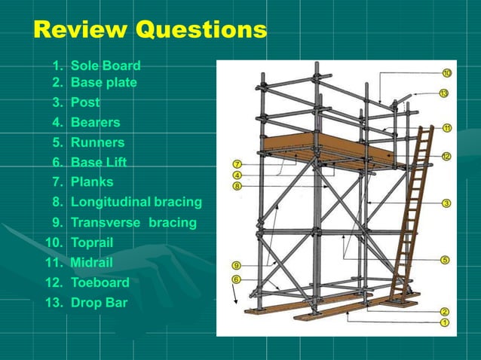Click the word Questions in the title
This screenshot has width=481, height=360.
point(199,30)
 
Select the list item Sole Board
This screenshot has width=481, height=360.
point(105,66)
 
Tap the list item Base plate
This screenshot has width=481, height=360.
point(103,82)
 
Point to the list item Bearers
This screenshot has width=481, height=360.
point(95,122)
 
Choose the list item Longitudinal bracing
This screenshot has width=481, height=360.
point(136,202)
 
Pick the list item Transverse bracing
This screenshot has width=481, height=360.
point(133,222)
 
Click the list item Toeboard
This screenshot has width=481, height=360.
point(100,282)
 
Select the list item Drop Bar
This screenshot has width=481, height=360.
point(99,303)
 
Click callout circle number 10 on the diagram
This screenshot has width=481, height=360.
point(446,73)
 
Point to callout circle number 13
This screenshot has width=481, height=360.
point(444,93)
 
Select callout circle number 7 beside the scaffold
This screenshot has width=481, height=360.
point(237,164)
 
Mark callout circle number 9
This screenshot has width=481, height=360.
point(237,265)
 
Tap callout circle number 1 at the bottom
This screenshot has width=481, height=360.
point(445,322)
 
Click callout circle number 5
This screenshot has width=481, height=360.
point(445,260)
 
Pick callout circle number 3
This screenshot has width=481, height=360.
point(446,203)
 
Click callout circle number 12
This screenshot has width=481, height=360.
point(446,157)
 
